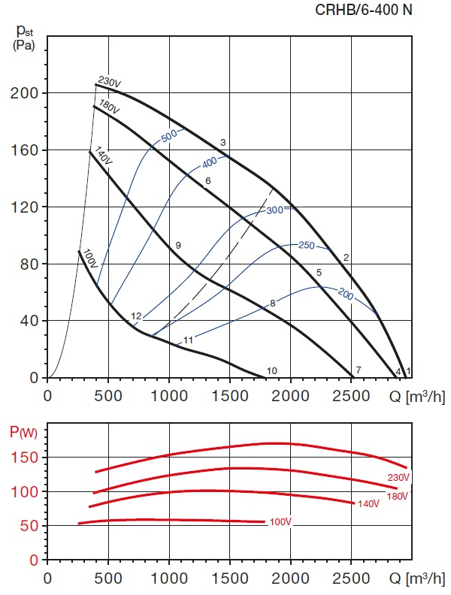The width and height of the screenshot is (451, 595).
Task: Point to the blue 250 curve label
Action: coord(307,246)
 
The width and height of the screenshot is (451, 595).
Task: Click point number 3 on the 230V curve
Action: coord(223,143)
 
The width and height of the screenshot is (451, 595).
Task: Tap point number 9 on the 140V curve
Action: coord(178,246)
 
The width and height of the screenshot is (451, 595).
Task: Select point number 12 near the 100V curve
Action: coord(136,316)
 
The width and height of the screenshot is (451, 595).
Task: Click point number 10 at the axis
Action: coord(272,370)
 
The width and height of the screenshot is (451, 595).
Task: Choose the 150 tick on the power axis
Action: coord(29,458)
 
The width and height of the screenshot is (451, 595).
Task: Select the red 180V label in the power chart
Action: coord(398,496)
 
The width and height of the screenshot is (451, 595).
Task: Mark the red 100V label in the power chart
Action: coord(279,521)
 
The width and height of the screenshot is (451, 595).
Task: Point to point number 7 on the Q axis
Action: coord(359,370)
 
